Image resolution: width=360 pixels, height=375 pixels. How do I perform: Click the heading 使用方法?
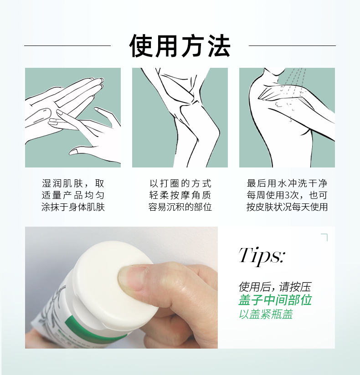coord(180,46)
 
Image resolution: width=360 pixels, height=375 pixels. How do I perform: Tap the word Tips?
coord(262,256)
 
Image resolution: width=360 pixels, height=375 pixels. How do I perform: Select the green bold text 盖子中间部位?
coord(275,300)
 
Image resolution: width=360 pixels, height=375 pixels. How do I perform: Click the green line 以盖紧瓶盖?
coord(266,314)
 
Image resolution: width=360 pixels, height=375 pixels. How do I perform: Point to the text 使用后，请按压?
coord(275,287)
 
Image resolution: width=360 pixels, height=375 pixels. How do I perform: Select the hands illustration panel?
coord(73,117)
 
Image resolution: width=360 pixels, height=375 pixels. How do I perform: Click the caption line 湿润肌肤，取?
coord(73,183)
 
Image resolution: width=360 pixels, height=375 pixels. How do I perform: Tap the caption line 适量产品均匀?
coord(73,195)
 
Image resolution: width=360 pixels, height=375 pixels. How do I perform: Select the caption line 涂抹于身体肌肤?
coord(73,207)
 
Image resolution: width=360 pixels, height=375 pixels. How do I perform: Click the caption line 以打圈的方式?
coord(180,183)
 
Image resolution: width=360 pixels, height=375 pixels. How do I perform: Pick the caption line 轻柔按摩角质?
coord(180,195)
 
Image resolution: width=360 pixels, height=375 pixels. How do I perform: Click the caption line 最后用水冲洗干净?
coord(287,183)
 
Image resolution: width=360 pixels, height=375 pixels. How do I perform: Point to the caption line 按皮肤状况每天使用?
coord(287,207)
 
